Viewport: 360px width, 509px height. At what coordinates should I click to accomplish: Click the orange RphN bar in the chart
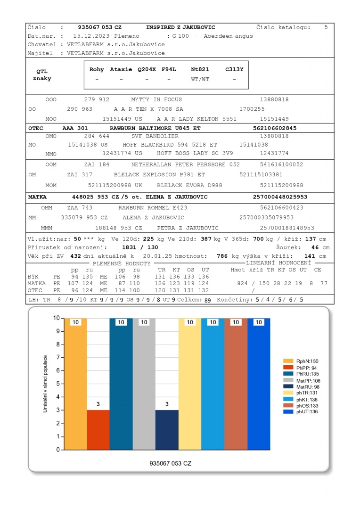(x=75, y=384)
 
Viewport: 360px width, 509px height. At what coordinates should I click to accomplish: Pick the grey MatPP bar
(x=144, y=384)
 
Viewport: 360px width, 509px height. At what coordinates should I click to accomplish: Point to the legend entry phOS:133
(x=308, y=405)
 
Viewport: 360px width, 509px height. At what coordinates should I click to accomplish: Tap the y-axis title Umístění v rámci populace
(x=46, y=385)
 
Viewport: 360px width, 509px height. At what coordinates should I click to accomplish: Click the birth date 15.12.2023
(x=90, y=36)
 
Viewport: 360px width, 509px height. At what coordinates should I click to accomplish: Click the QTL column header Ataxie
(x=121, y=69)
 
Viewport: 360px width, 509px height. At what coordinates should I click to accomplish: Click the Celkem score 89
(x=207, y=299)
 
